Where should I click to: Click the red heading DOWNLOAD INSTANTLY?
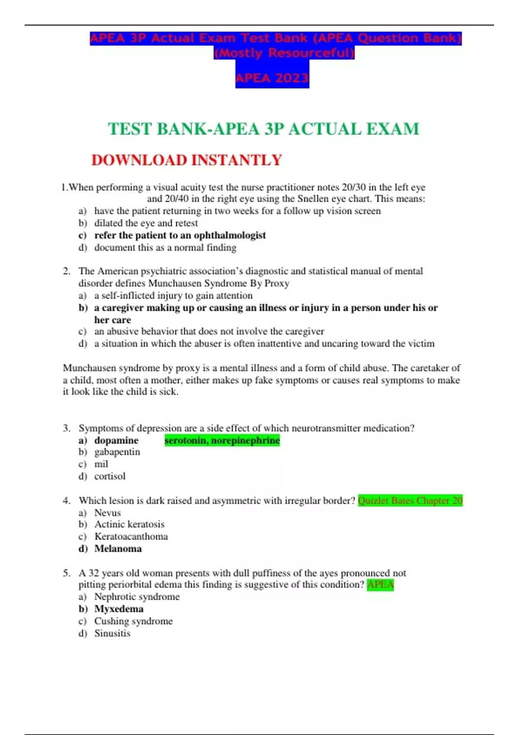pyautogui.click(x=186, y=160)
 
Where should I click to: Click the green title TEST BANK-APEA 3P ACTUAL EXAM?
pyautogui.click(x=263, y=129)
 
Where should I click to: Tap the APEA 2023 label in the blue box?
pyautogui.click(x=272, y=78)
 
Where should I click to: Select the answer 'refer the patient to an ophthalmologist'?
pyautogui.click(x=180, y=235)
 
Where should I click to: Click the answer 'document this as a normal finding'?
pyautogui.click(x=165, y=248)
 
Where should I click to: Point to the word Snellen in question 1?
pyautogui.click(x=313, y=199)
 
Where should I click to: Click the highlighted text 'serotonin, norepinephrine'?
pyautogui.click(x=222, y=440)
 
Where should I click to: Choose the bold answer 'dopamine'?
pyautogui.click(x=116, y=440)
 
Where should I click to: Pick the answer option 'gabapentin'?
pyautogui.click(x=117, y=452)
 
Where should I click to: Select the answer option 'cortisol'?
pyautogui.click(x=110, y=476)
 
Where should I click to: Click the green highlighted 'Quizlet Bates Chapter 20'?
pyautogui.click(x=410, y=501)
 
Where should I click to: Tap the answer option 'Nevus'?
pyautogui.click(x=108, y=513)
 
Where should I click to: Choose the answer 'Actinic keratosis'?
pyautogui.click(x=129, y=524)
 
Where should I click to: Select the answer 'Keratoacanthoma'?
pyautogui.click(x=131, y=537)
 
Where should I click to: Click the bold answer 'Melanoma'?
pyautogui.click(x=118, y=549)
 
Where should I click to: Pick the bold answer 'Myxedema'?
pyautogui.click(x=119, y=609)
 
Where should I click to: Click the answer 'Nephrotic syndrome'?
pyautogui.click(x=137, y=597)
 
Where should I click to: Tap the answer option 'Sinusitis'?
pyautogui.click(x=112, y=633)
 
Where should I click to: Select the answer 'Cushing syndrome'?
pyautogui.click(x=133, y=621)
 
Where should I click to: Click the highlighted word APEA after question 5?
pyautogui.click(x=380, y=585)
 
